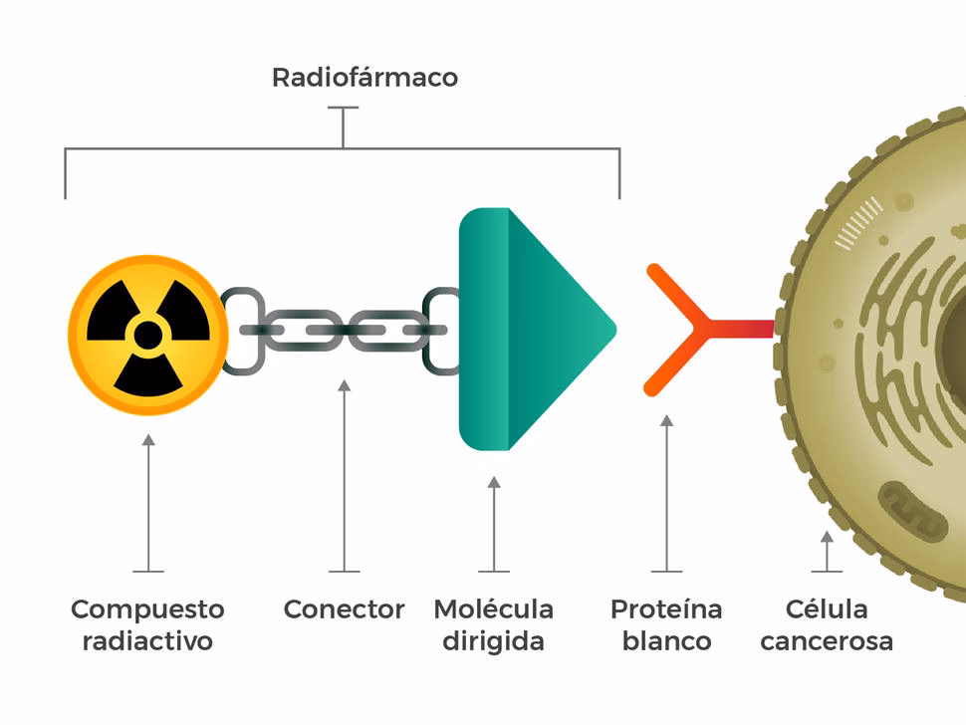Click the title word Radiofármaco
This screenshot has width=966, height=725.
click(x=364, y=78)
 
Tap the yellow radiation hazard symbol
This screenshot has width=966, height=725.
click(x=147, y=334)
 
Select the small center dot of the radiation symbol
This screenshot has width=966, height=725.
click(x=147, y=334)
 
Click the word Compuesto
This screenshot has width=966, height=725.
click(x=147, y=608)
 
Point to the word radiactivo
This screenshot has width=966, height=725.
click(x=147, y=641)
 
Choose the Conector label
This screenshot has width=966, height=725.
click(x=344, y=608)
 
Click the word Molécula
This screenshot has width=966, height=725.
click(x=493, y=608)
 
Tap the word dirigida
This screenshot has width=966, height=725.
click(x=493, y=641)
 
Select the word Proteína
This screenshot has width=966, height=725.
click(x=666, y=608)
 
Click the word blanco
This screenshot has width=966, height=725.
click(x=666, y=641)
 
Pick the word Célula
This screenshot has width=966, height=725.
click(x=826, y=608)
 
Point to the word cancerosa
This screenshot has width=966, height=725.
click(x=826, y=641)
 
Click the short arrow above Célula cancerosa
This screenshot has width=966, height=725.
click(x=826, y=550)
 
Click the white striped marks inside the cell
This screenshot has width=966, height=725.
click(x=858, y=222)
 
